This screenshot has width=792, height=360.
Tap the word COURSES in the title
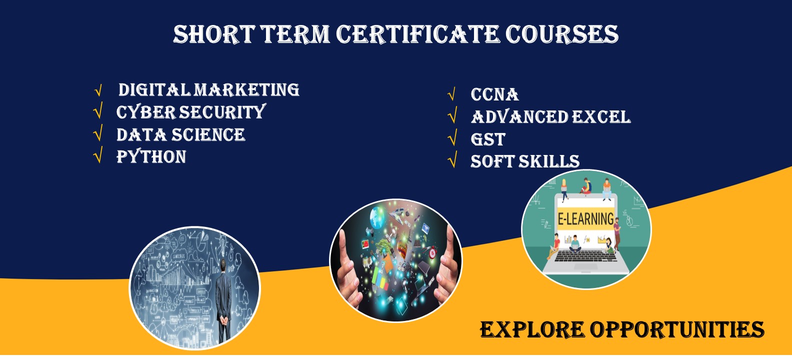[x=562, y=34]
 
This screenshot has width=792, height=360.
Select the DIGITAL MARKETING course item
[x=209, y=90]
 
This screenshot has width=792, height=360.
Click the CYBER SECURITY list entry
[x=191, y=112]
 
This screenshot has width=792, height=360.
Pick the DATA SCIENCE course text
[x=180, y=134]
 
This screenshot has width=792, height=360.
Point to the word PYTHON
[x=151, y=156]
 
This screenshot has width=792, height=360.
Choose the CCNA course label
[x=494, y=94]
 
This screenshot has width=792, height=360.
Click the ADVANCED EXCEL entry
[x=551, y=117]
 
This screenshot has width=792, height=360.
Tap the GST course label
[x=488, y=139]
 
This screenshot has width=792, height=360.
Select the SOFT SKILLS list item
[x=525, y=161]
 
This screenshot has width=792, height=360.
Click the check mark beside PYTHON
[x=98, y=155]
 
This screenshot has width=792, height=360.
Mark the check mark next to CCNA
[x=452, y=94]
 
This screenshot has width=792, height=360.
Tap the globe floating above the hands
[x=377, y=217]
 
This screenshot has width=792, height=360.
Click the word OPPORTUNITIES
[x=677, y=330]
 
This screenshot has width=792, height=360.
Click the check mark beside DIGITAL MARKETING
[x=98, y=90]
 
